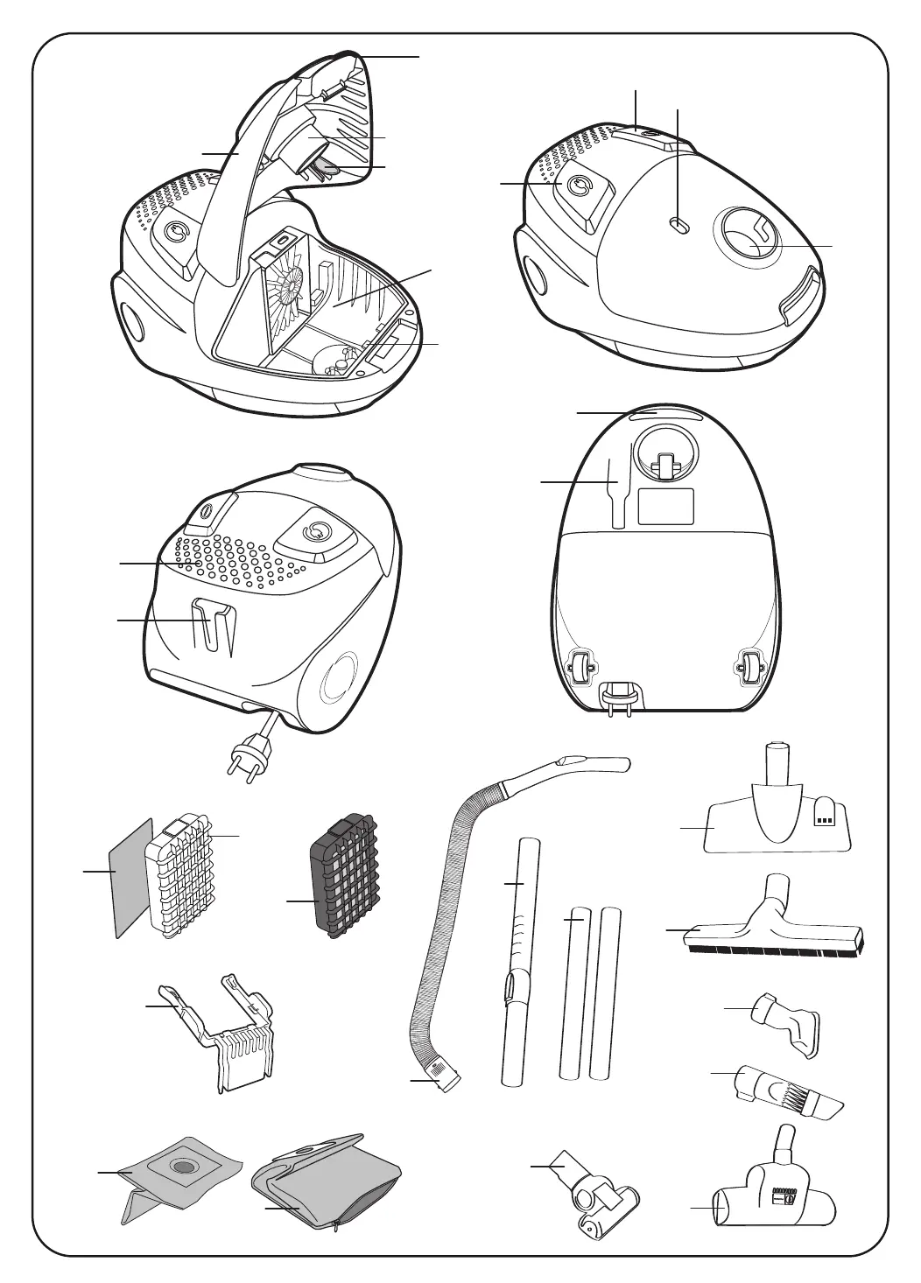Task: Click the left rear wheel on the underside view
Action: tap(580, 670)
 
